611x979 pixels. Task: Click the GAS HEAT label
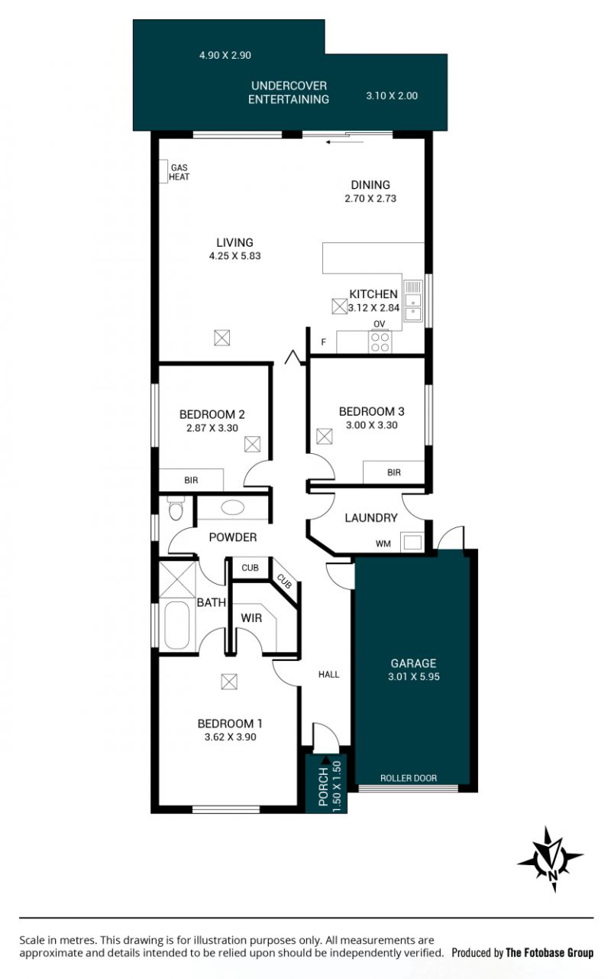click(x=179, y=172)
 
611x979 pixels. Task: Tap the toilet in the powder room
click(x=176, y=509)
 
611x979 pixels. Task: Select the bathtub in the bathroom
click(x=177, y=625)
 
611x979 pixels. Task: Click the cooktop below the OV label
click(x=380, y=342)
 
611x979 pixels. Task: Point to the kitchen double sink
click(x=412, y=300)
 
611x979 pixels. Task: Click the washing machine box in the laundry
click(x=412, y=543)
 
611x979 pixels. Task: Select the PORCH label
click(x=323, y=786)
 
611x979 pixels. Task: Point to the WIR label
click(x=251, y=618)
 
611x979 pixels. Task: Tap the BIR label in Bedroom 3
click(x=394, y=472)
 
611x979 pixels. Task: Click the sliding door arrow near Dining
click(x=344, y=142)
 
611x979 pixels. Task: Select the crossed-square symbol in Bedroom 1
click(x=229, y=682)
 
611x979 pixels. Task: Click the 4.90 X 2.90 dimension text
click(x=225, y=55)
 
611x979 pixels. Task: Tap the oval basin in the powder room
click(x=233, y=507)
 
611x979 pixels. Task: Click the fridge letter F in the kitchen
click(x=324, y=342)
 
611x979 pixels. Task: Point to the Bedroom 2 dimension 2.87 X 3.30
click(x=212, y=428)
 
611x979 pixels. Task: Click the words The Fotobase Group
click(x=549, y=952)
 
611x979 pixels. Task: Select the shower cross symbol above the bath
click(x=177, y=579)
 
